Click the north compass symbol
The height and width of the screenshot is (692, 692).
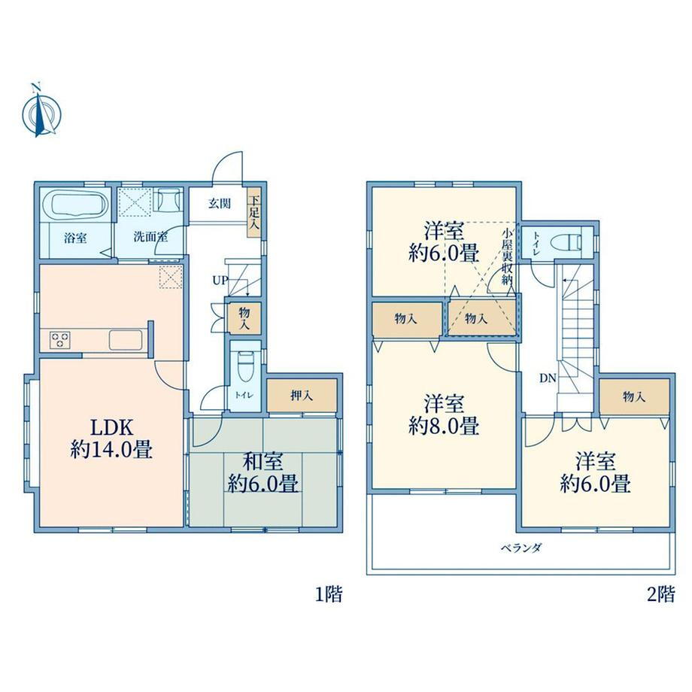[41, 114]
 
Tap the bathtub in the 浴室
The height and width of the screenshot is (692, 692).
[80, 205]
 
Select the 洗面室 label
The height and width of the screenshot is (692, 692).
[150, 236]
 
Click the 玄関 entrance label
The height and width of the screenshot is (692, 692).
[220, 204]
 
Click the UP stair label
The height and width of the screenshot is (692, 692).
[220, 280]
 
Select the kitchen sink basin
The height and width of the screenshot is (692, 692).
[125, 340]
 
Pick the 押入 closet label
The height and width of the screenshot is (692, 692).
[302, 396]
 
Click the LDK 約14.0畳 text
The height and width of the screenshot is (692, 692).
[111, 439]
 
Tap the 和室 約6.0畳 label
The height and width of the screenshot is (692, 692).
[263, 472]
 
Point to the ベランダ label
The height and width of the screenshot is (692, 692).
[521, 548]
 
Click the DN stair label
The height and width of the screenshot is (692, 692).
[548, 378]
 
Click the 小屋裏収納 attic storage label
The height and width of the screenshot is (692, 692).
[506, 256]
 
